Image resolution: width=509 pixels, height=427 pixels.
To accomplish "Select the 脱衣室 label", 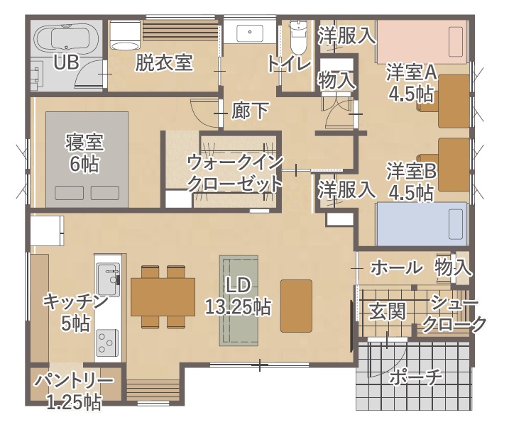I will (164, 63).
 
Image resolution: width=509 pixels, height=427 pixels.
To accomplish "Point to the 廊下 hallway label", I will (251, 111).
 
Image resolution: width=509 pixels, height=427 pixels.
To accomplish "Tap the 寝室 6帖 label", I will (84, 152).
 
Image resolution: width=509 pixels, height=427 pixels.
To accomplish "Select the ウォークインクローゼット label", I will (234, 172).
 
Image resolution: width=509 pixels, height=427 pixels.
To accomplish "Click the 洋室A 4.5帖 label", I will (411, 84).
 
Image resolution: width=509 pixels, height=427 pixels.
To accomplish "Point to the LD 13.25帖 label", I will (237, 296).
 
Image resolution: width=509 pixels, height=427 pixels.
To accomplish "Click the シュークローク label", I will (454, 314).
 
